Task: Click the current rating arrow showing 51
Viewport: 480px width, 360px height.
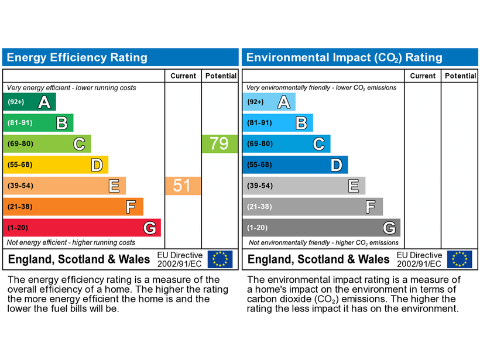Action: [x=182, y=186]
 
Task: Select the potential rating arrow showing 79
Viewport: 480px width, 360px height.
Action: [x=219, y=143]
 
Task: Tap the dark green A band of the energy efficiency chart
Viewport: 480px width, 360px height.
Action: [x=29, y=102]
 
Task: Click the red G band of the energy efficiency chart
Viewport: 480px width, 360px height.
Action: [x=81, y=227]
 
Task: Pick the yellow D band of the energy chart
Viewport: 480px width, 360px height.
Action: [x=56, y=164]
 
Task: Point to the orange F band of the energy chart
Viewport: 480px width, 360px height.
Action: [x=73, y=206]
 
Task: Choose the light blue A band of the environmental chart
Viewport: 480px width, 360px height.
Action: [x=269, y=102]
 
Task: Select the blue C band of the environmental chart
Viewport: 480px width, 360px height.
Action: [x=286, y=143]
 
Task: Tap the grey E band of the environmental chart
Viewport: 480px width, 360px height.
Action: [x=304, y=186]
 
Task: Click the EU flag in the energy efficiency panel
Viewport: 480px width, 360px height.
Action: [x=220, y=259]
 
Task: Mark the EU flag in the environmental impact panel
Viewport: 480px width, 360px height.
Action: [x=460, y=259]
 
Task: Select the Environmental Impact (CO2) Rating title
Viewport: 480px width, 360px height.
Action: [x=344, y=57]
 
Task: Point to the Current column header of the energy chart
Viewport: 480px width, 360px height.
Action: [x=183, y=76]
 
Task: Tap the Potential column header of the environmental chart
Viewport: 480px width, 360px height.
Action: [x=460, y=76]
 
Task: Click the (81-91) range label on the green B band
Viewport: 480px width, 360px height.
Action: [x=20, y=123]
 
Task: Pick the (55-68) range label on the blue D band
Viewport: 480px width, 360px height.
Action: [x=259, y=164]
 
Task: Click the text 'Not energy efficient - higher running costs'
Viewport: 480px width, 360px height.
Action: [x=71, y=242]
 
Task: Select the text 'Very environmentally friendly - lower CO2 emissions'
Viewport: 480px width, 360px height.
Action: [x=321, y=88]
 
